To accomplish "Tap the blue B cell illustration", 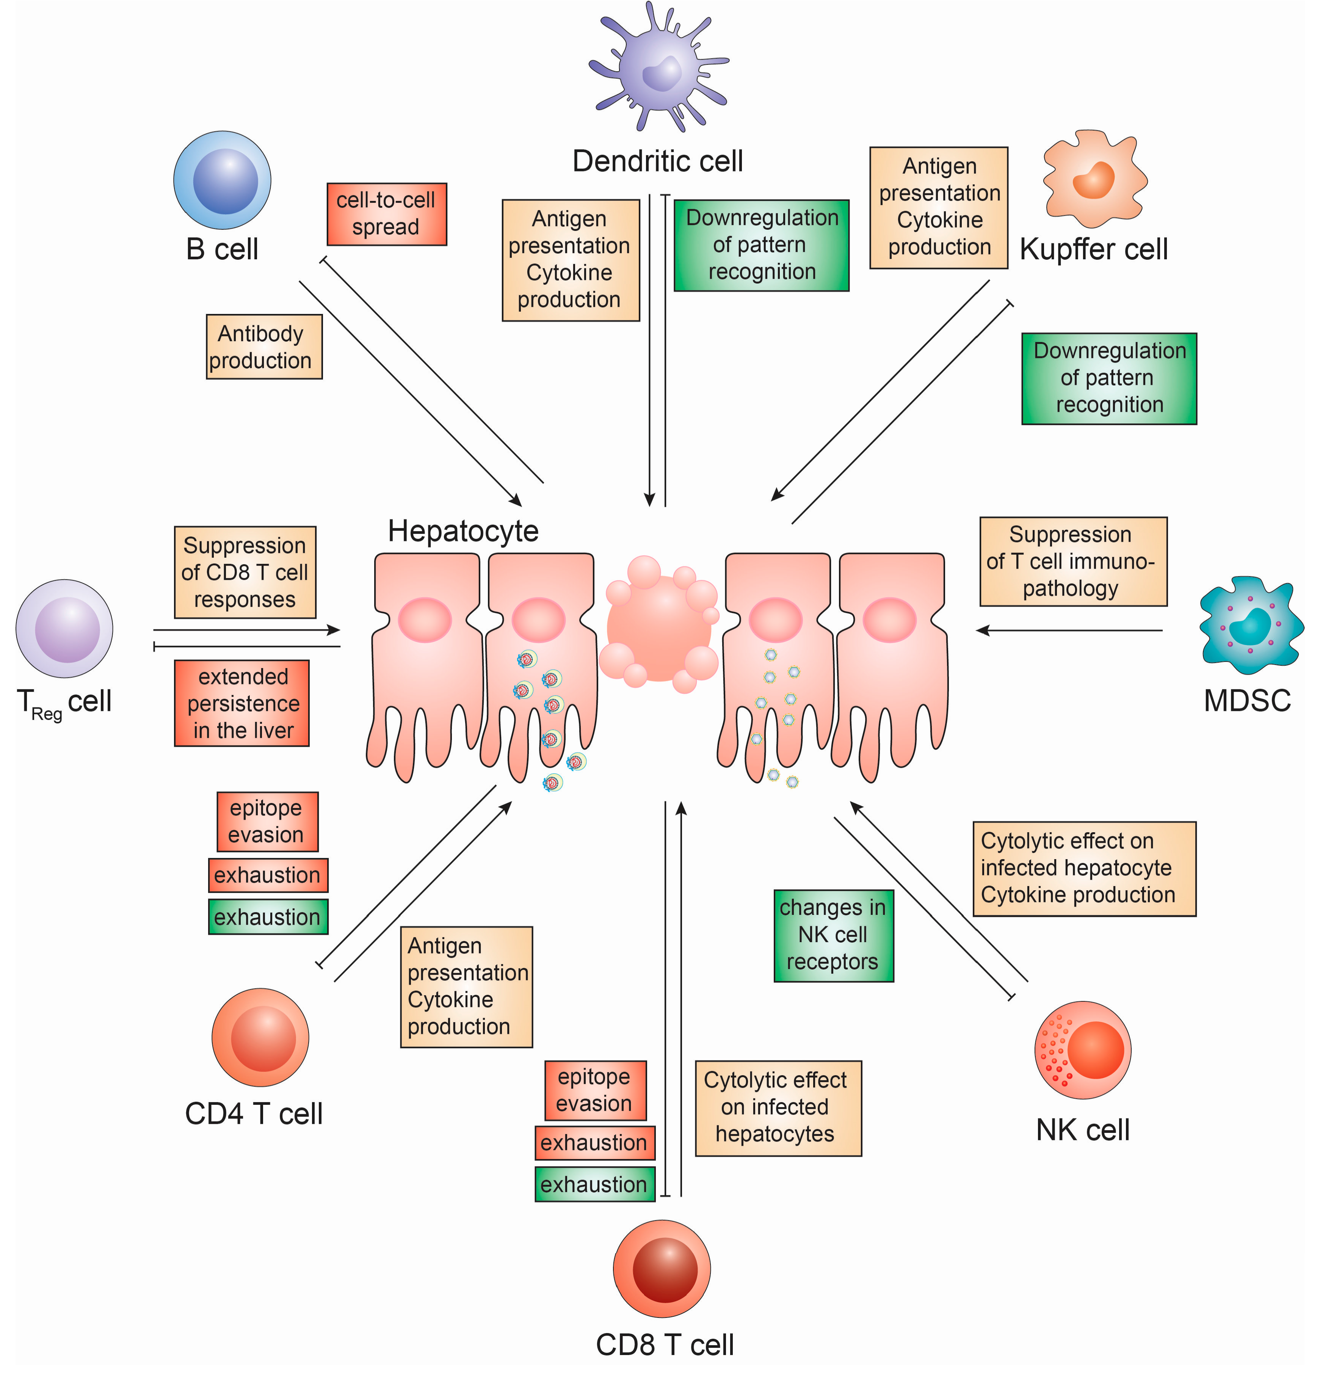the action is [x=222, y=180].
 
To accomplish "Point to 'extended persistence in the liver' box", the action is [x=242, y=703].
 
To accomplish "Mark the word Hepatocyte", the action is [x=463, y=531].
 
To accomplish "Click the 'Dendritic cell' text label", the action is [x=657, y=161].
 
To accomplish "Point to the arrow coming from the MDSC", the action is [x=1069, y=630].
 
